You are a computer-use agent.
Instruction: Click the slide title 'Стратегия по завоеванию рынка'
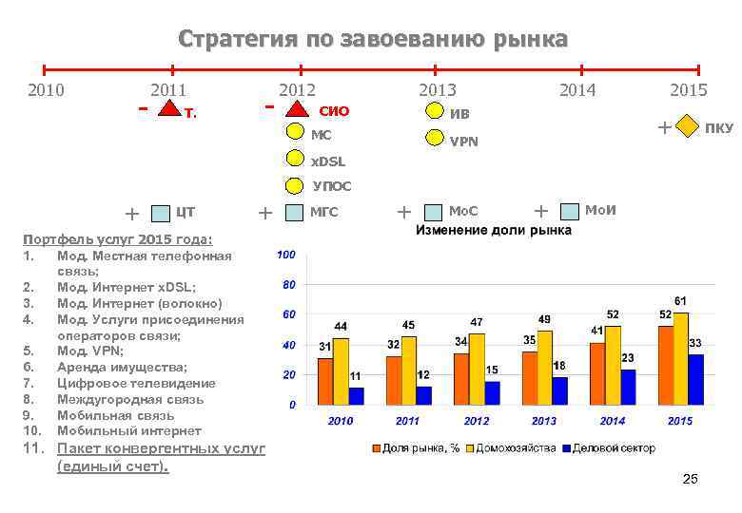point(373,40)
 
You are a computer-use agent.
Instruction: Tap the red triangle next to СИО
point(296,110)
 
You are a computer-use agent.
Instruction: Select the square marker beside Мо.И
point(570,210)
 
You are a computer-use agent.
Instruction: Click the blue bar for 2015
point(695,379)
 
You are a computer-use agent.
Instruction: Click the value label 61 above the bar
point(681,300)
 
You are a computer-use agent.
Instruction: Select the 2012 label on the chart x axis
point(477,421)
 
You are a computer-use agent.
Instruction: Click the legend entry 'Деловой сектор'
point(613,447)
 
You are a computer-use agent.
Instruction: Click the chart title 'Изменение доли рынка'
point(493,231)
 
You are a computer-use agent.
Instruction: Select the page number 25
point(690,480)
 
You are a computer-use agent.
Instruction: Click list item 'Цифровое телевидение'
point(136,383)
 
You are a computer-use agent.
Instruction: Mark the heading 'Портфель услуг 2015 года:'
point(117,238)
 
